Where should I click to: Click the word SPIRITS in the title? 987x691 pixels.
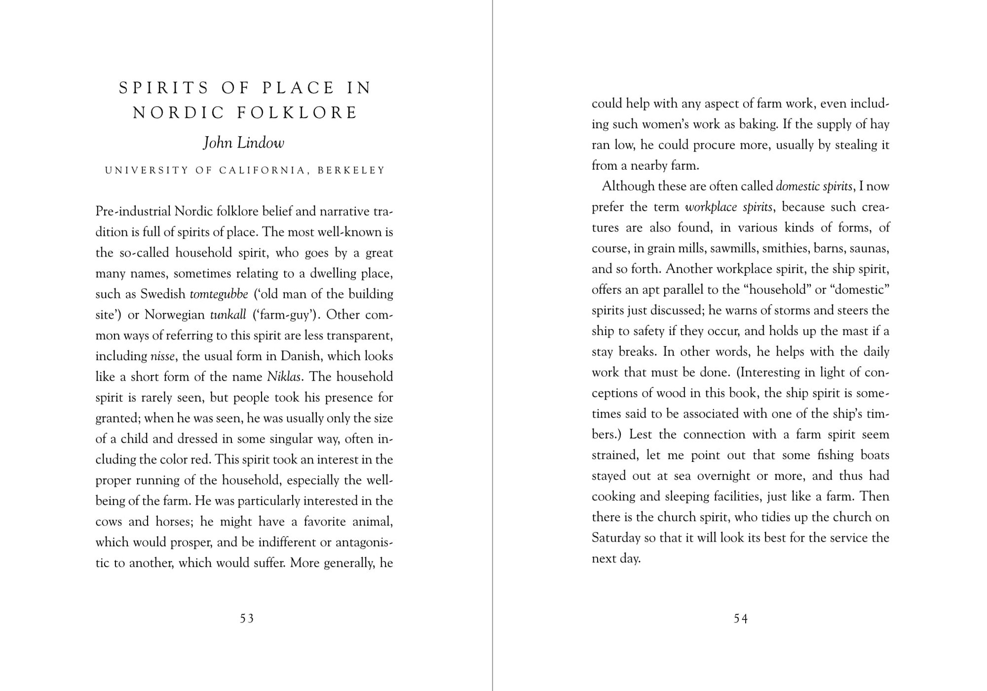(164, 88)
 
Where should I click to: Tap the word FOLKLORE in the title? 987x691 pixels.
(297, 113)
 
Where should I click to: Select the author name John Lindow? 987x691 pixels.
(244, 143)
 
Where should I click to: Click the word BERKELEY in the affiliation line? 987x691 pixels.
(351, 170)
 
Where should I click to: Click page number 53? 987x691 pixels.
(247, 618)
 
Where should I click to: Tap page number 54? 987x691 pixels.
(741, 618)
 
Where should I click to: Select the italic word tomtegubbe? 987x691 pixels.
(219, 294)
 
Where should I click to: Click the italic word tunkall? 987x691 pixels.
(228, 315)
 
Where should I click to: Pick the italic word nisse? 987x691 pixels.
(162, 356)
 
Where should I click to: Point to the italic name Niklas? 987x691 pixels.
(284, 377)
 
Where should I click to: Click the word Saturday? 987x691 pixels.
(616, 538)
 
